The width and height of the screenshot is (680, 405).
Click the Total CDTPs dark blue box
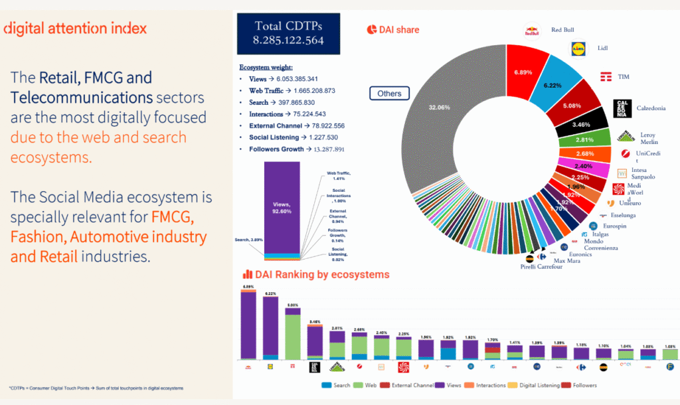[x=288, y=33]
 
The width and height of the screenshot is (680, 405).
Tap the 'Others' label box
[x=389, y=94]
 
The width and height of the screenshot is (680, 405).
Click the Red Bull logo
[x=532, y=31]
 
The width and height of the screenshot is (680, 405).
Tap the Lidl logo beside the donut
[x=579, y=48]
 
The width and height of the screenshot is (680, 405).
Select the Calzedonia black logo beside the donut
[x=622, y=108]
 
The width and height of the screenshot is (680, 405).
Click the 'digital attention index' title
[x=75, y=29]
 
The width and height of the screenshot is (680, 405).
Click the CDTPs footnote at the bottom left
[x=96, y=388]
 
